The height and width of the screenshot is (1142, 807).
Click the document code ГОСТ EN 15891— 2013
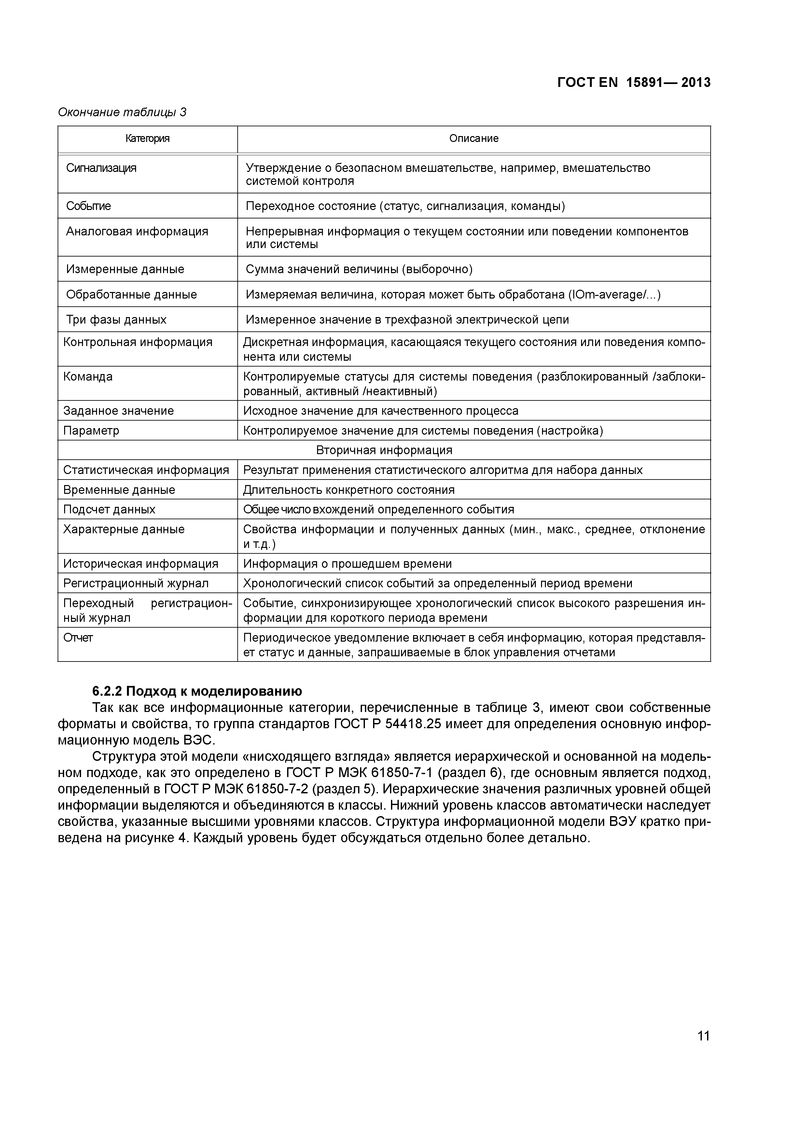point(633,83)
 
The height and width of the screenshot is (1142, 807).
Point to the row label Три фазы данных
point(116,319)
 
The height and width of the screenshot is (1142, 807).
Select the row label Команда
point(88,377)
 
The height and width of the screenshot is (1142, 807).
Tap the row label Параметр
point(91,430)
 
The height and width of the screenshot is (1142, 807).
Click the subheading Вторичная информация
point(384,450)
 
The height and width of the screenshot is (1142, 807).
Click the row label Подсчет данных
point(109,509)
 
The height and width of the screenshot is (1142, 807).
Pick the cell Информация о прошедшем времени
point(347,564)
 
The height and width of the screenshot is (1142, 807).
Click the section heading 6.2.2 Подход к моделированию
point(197,691)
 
